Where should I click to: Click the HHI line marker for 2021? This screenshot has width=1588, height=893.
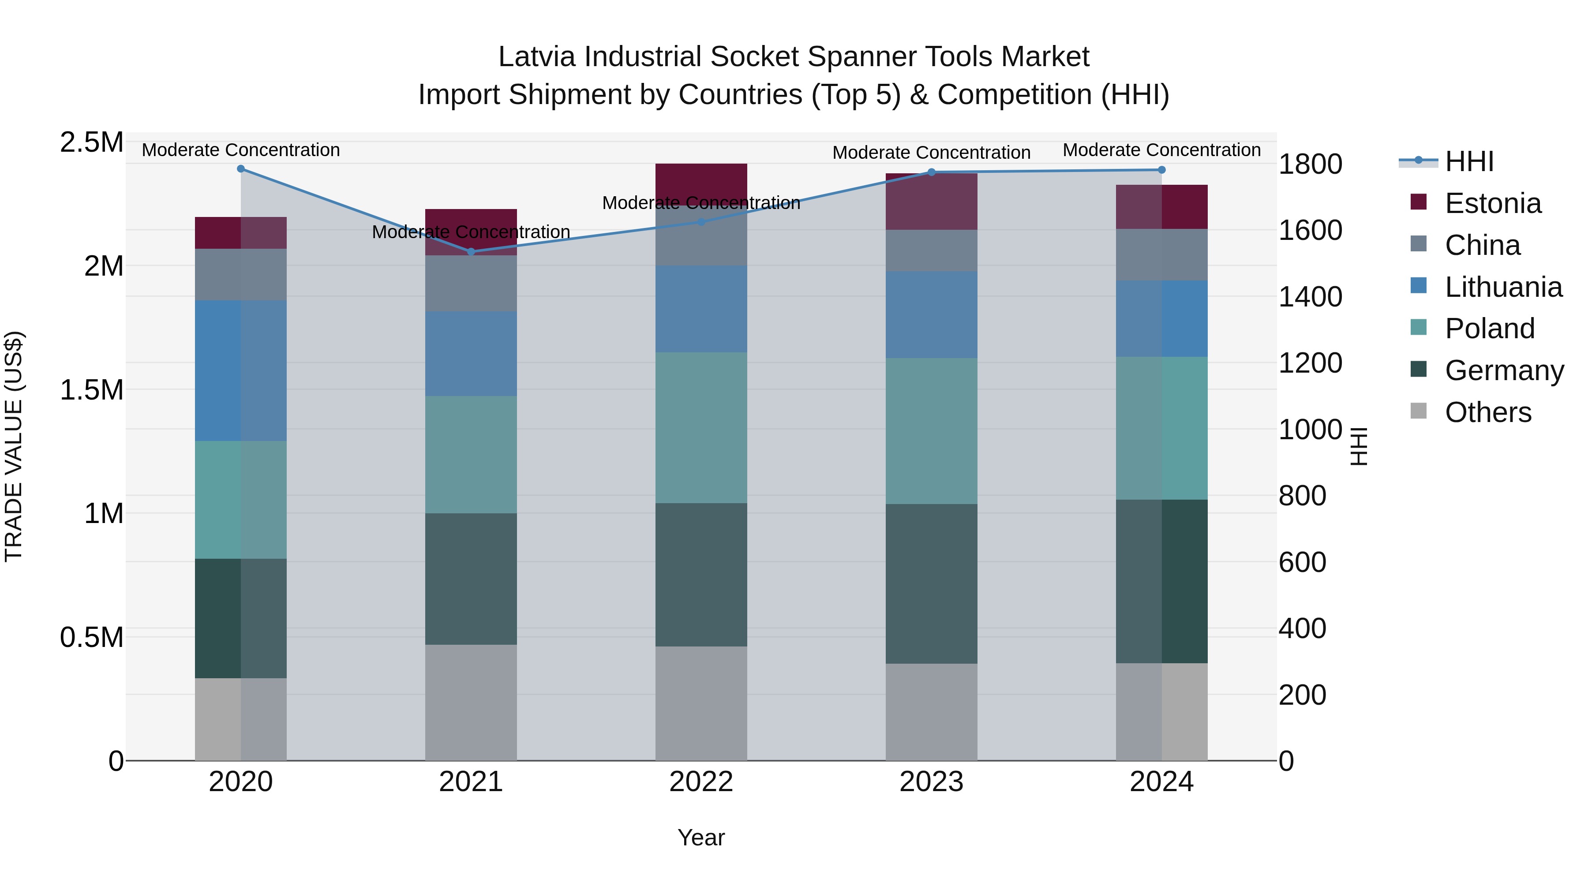click(x=471, y=251)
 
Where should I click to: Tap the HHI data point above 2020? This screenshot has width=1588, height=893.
click(x=241, y=169)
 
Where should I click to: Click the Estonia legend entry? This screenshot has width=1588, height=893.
click(x=1492, y=203)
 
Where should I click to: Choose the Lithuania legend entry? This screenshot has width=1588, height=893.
click(x=1502, y=287)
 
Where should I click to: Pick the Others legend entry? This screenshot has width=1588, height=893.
click(x=1487, y=412)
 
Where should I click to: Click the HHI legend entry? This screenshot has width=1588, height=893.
click(x=1468, y=161)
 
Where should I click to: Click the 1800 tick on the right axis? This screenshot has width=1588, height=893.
click(x=1310, y=164)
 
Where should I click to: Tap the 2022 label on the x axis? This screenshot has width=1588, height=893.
click(x=701, y=782)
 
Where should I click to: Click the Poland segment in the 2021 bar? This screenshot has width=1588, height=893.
click(x=471, y=454)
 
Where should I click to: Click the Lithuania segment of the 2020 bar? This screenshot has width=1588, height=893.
click(x=241, y=370)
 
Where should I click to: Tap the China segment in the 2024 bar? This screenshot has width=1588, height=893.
click(x=1161, y=254)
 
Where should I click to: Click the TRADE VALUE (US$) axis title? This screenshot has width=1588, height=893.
click(x=14, y=446)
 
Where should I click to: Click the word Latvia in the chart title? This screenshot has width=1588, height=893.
click(x=538, y=57)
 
